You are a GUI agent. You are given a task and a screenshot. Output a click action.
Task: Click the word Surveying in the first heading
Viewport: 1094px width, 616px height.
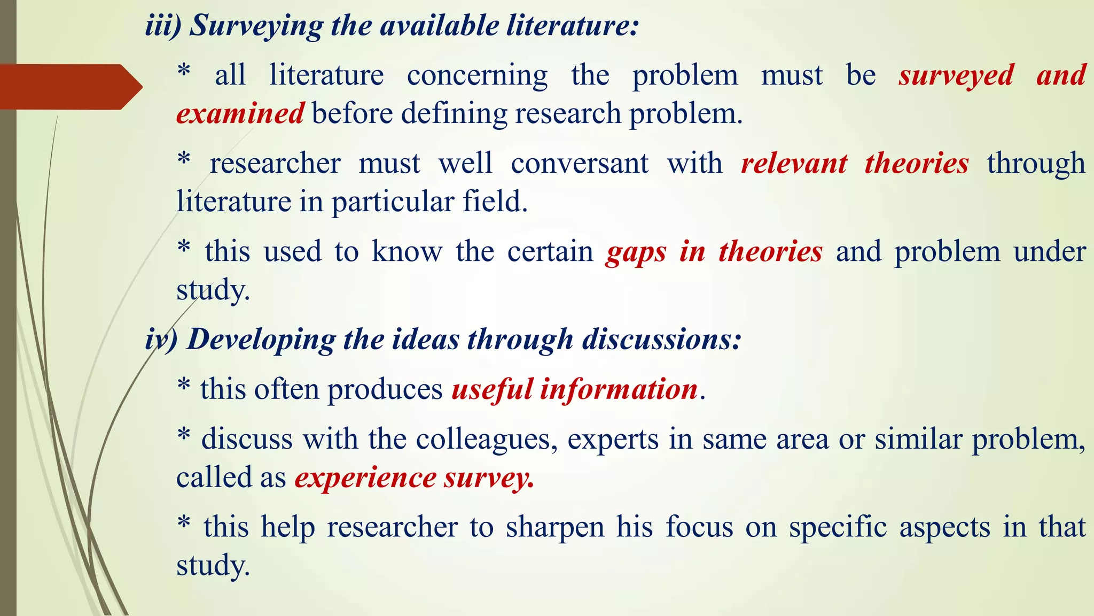[x=256, y=26]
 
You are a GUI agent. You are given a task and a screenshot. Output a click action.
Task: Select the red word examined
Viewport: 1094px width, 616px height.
[x=240, y=113]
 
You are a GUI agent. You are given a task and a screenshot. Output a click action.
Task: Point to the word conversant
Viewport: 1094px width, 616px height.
[x=580, y=163]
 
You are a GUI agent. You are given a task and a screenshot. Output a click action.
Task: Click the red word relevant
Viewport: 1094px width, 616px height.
[x=794, y=163]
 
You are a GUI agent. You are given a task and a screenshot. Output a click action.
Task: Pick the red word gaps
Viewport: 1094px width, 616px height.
[x=636, y=251]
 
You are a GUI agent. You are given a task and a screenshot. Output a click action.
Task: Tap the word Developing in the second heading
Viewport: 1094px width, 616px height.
[x=261, y=339]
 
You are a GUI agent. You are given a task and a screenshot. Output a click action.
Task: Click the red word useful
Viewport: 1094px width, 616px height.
[x=492, y=389]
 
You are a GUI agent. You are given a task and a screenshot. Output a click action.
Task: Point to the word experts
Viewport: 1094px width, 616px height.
[x=613, y=439]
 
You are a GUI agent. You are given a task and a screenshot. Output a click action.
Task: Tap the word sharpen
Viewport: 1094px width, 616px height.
[x=555, y=527]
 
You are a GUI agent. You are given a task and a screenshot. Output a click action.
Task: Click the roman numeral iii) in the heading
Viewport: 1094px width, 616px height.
[x=163, y=26]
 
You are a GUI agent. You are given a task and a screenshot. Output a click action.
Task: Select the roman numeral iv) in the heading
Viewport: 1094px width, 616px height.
[x=161, y=339]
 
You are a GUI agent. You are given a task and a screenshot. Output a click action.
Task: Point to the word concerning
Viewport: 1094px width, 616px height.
[x=477, y=75]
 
